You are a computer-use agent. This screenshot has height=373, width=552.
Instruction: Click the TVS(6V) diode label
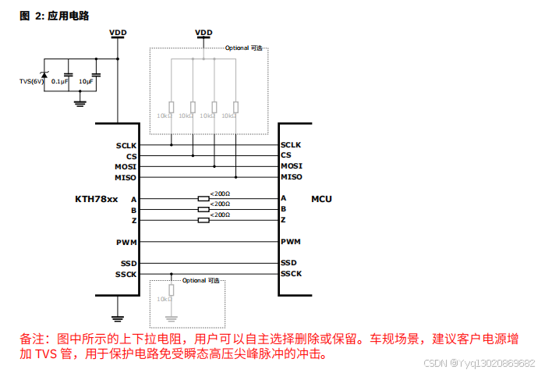32,81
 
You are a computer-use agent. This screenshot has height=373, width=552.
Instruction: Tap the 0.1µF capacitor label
59,81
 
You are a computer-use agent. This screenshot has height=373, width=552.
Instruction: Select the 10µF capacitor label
86,81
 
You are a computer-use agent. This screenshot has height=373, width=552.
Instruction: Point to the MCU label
321,199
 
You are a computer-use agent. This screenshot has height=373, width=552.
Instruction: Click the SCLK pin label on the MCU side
291,145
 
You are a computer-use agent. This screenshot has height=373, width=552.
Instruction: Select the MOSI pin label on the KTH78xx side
126,166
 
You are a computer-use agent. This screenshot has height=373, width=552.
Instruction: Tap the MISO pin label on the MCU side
291,177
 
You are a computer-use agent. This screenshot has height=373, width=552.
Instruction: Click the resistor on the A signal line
203,199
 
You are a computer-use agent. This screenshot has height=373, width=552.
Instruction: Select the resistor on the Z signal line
203,220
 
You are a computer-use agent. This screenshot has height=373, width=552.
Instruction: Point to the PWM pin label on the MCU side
291,242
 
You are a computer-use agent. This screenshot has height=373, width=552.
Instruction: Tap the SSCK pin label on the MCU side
291,274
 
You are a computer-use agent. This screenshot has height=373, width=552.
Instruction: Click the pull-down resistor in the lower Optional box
172,291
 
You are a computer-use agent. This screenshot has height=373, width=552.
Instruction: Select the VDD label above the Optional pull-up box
203,32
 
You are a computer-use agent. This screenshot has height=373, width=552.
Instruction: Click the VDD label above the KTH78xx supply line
119,32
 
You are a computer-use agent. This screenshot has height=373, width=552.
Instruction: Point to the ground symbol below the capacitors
80,100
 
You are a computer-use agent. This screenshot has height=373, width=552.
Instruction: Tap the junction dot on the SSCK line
172,274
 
